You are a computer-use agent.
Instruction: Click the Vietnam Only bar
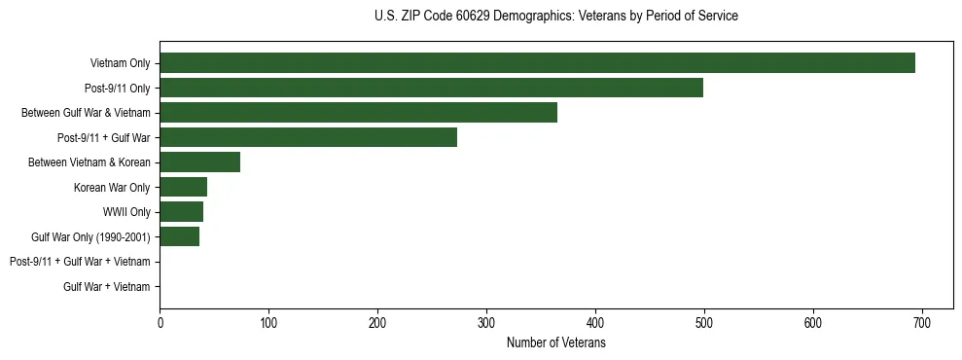537,62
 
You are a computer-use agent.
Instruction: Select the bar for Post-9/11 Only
431,88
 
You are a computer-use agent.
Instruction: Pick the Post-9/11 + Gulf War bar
308,137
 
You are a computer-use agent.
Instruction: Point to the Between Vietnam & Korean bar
199,162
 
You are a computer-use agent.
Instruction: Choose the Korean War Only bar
183,187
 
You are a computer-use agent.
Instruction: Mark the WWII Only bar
181,212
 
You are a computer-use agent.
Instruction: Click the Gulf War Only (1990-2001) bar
179,236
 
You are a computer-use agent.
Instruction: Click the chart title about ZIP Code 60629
555,17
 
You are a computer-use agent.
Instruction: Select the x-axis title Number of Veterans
555,343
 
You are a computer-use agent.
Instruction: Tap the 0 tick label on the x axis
160,323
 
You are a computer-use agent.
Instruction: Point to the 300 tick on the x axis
486,323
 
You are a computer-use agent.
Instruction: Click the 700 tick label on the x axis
922,323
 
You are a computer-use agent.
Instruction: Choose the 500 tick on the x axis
704,323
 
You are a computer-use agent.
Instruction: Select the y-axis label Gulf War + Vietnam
107,287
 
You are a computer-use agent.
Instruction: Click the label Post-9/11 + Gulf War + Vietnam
80,262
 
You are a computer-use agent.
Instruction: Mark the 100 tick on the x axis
268,323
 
